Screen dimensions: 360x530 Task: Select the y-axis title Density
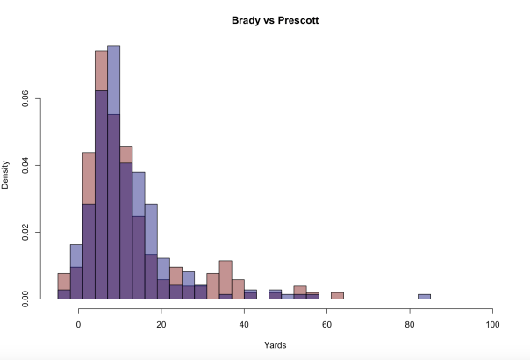pyautogui.click(x=6, y=174)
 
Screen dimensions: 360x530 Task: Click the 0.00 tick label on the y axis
pyautogui.click(x=37, y=299)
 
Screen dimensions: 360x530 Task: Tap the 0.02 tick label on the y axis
pyautogui.click(x=37, y=233)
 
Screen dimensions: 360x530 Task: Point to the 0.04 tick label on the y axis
pyautogui.click(x=37, y=166)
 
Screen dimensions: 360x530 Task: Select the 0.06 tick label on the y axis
pyautogui.click(x=37, y=99)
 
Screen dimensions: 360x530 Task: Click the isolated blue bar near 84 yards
pyautogui.click(x=425, y=297)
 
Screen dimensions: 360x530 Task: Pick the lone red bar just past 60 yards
pyautogui.click(x=337, y=296)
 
